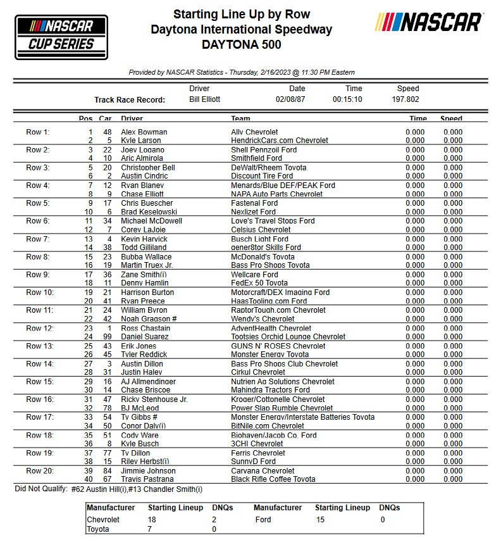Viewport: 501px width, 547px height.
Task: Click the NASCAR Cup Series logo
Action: (x=56, y=36)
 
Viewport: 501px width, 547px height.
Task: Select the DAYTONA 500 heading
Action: (x=241, y=45)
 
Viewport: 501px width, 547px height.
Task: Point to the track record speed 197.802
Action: (x=405, y=100)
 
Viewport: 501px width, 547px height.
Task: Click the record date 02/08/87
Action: (x=290, y=100)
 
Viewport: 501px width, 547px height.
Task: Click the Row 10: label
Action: (x=39, y=292)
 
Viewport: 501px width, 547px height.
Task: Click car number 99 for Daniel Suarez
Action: (x=108, y=337)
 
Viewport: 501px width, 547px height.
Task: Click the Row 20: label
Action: (x=39, y=471)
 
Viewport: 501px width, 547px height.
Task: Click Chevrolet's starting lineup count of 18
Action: (x=152, y=520)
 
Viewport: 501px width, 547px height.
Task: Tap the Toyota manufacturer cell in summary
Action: (x=97, y=529)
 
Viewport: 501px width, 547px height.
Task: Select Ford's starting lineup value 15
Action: (x=319, y=520)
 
